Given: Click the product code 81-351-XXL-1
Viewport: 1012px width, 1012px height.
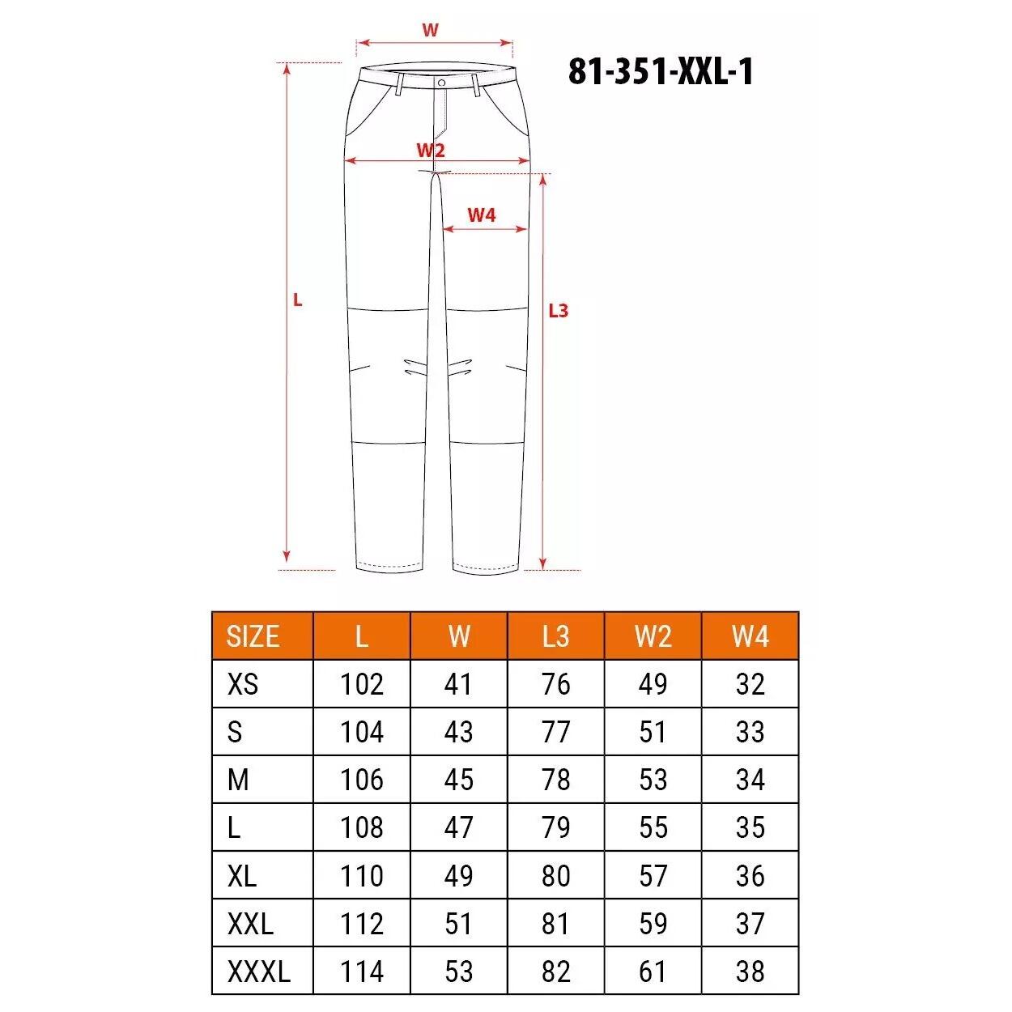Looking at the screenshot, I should pos(661,72).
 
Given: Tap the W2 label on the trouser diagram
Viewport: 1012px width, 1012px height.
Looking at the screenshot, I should pos(431,151).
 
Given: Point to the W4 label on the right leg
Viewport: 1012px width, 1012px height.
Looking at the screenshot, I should pos(481,215).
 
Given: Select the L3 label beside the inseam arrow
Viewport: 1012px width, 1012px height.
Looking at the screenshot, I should pos(559,310).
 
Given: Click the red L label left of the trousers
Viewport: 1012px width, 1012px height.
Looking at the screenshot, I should pos(298,300).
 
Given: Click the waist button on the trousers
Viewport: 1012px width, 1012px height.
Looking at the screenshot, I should pos(441,83).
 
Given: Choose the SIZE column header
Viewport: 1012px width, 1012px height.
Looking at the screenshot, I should pos(253,636).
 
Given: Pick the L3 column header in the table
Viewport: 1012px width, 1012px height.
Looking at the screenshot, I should pos(555,636).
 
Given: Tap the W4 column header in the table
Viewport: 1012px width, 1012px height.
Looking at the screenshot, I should pos(750,636).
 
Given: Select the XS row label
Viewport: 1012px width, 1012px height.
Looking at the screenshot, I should pos(243,685).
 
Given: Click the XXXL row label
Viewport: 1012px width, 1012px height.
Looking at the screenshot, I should pos(258,972).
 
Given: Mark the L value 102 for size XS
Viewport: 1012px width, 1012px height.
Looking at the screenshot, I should pos(361,685).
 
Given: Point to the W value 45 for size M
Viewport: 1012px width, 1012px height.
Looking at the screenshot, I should pos(458,780).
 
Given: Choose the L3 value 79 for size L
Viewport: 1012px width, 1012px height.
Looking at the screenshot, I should pos(555,828).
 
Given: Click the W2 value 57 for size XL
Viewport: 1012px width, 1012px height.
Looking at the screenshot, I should pos(653,876).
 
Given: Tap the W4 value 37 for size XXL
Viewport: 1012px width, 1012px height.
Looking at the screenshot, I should pos(750,924).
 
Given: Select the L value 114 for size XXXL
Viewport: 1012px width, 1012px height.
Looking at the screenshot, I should pos(361,972).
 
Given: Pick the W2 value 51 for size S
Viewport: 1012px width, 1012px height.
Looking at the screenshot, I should pos(653,733).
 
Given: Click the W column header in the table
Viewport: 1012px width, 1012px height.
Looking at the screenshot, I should pos(458,636).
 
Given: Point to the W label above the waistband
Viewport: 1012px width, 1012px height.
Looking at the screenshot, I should pos(431,31).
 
